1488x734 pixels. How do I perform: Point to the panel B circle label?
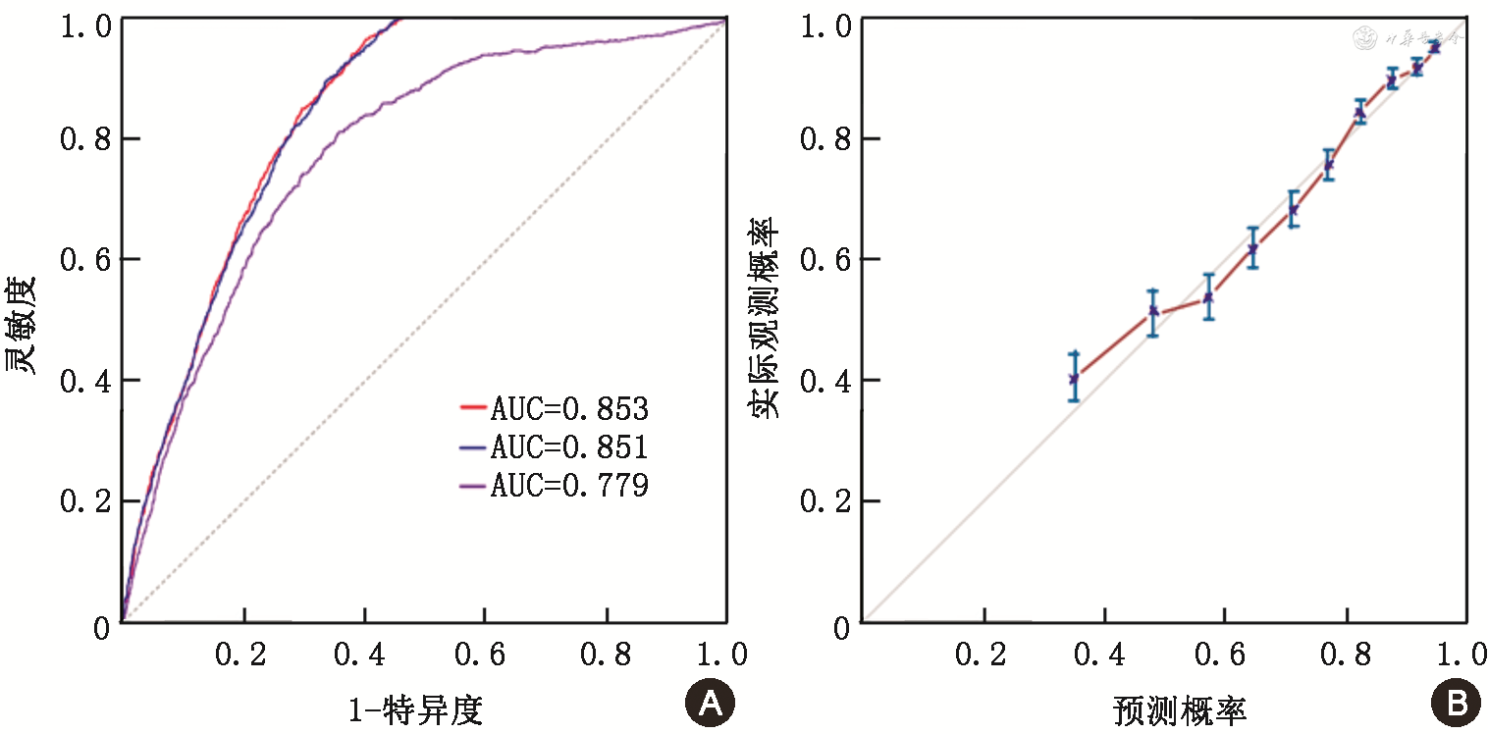click(1451, 704)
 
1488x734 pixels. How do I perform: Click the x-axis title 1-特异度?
click(416, 708)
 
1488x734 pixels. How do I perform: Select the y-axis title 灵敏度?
click(23, 324)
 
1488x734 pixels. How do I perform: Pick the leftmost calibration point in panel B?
click(1074, 378)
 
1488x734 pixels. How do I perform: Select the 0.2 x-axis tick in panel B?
click(983, 655)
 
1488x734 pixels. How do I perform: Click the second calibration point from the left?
click(1153, 311)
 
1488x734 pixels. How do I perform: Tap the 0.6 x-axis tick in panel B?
click(1225, 655)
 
